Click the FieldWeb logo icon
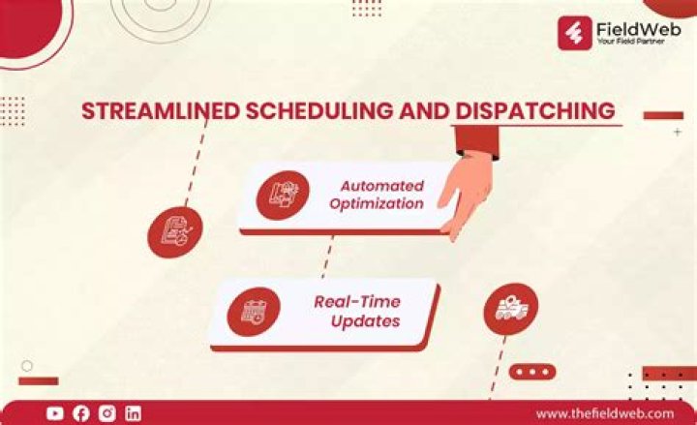pyautogui.click(x=576, y=32)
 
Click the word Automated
pyautogui.click(x=381, y=185)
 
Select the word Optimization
pyautogui.click(x=377, y=203)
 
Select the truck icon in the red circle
pyautogui.click(x=510, y=309)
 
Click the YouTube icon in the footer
pyautogui.click(x=55, y=413)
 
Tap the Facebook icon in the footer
pyautogui.click(x=81, y=413)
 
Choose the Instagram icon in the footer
pyautogui.click(x=107, y=413)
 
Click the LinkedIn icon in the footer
pyautogui.click(x=133, y=413)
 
